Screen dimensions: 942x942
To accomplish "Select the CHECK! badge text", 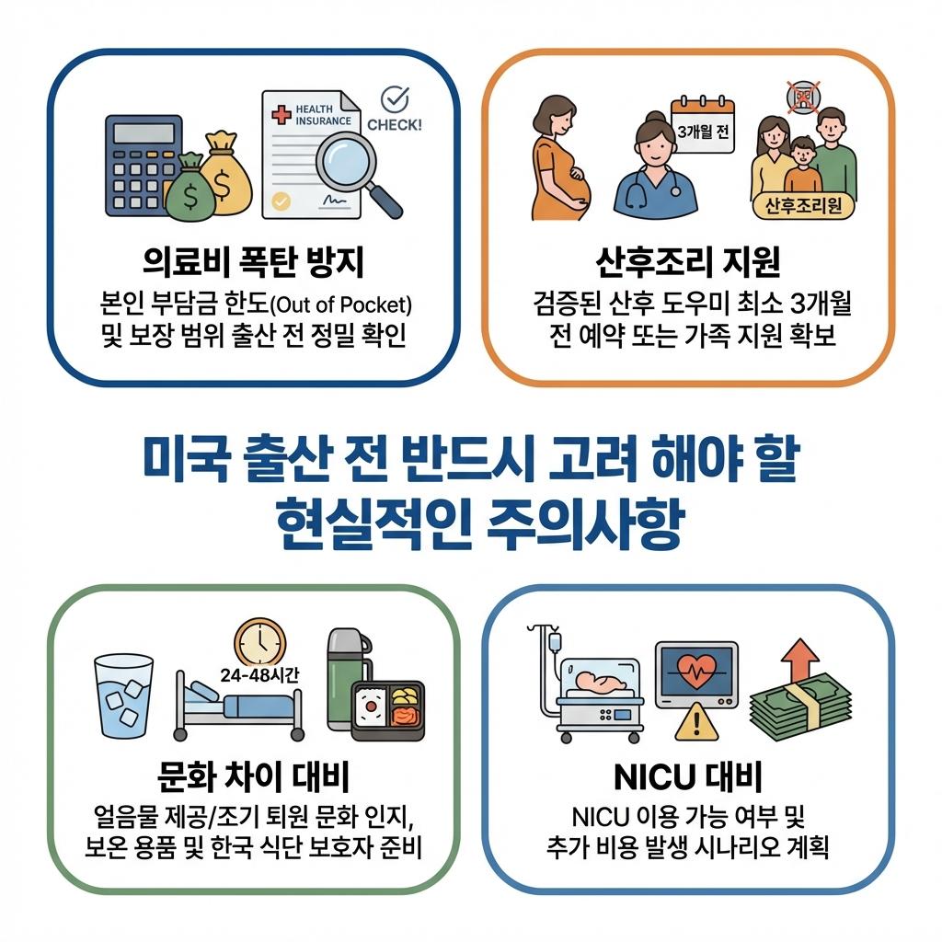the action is pos(395,123).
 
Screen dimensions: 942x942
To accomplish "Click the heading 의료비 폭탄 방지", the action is pos(254,262).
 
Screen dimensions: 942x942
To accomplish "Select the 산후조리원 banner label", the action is pos(803,206).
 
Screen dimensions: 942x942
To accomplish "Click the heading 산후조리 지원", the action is pos(688,262).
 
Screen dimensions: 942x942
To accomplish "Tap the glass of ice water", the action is pos(123,694).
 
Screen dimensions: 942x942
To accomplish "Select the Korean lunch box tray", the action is pos(388,710).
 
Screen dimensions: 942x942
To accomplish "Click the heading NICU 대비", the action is pos(688,778).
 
